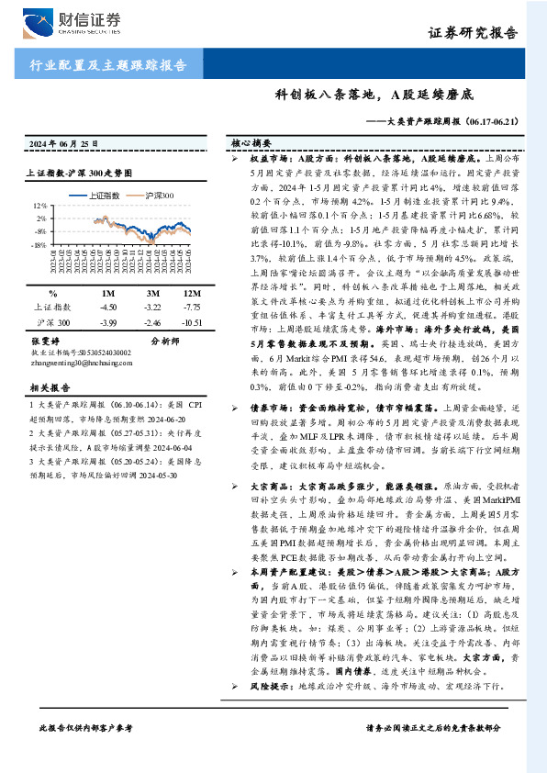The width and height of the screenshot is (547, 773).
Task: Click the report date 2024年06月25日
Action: (x=59, y=145)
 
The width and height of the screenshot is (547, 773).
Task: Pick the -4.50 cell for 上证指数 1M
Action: (x=107, y=307)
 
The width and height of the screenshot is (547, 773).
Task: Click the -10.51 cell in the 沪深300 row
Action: (x=191, y=324)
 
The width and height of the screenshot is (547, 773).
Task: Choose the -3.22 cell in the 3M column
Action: (x=152, y=307)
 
